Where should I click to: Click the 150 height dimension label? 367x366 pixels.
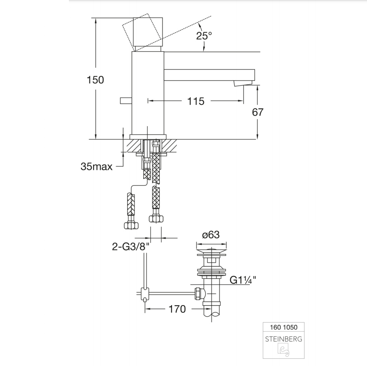coord(95,80)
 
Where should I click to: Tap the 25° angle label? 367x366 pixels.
coord(204,35)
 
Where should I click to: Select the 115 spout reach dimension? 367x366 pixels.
coord(196,101)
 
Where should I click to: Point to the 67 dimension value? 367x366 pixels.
coord(257,112)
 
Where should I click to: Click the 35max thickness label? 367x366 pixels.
coord(96,166)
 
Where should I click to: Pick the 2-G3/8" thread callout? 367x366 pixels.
coord(131,246)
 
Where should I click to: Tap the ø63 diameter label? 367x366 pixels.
coord(211,235)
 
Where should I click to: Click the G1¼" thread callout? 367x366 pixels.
coord(243,280)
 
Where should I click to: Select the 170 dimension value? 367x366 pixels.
coord(177,309)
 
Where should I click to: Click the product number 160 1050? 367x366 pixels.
coord(284,327)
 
